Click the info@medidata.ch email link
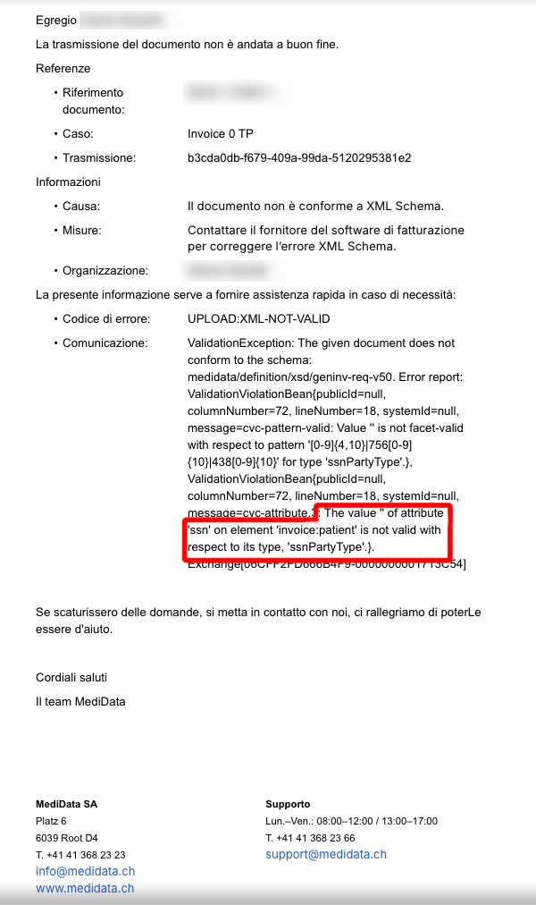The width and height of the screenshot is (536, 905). coord(85,871)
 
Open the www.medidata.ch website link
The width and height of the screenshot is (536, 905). coord(85,888)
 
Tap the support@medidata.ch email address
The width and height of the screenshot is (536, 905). coord(326,854)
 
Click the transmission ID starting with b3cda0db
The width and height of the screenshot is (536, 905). coord(299,157)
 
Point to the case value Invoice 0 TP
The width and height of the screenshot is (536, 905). coord(221,134)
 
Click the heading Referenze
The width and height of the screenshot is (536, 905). coord(63,68)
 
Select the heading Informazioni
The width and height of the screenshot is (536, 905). coord(68,182)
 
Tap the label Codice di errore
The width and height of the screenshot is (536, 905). coord(106,319)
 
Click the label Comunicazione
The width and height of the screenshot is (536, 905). coord(105,343)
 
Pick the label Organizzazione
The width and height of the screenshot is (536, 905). coord(105,270)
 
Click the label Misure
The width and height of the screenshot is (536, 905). coord(82,230)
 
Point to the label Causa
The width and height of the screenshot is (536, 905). coord(80,206)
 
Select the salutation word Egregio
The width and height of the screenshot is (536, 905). coord(56,20)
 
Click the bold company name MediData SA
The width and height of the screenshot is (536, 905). coord(66,804)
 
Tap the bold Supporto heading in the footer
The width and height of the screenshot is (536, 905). coord(288,804)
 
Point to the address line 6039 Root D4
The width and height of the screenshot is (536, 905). coord(67,838)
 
